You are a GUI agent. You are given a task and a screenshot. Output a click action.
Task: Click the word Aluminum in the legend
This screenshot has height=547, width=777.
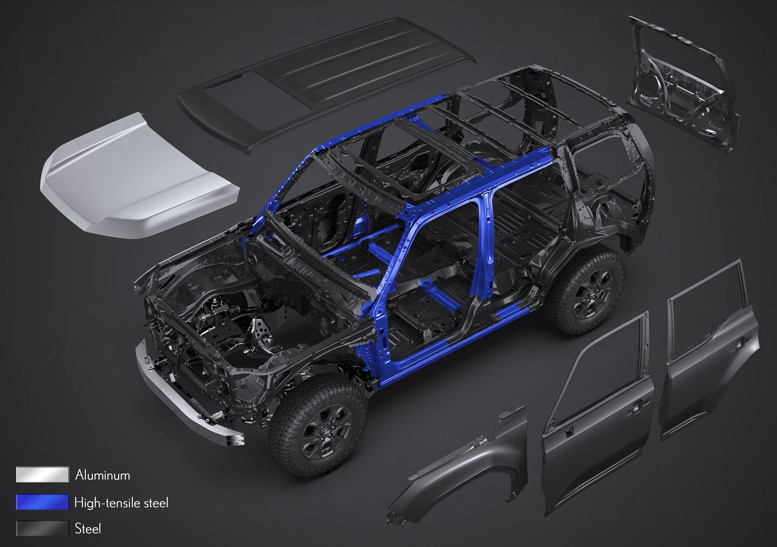tap(102, 475)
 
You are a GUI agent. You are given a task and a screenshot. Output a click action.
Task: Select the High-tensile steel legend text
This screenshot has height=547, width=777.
tap(121, 503)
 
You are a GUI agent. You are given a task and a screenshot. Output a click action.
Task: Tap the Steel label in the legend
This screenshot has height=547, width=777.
tap(88, 528)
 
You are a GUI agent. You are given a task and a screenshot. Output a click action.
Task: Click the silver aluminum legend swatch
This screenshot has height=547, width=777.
tap(42, 474)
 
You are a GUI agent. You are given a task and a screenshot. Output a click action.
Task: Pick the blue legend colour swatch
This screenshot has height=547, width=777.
tap(42, 502)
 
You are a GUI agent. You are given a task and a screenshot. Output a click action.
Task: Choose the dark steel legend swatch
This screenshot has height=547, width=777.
tap(42, 528)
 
